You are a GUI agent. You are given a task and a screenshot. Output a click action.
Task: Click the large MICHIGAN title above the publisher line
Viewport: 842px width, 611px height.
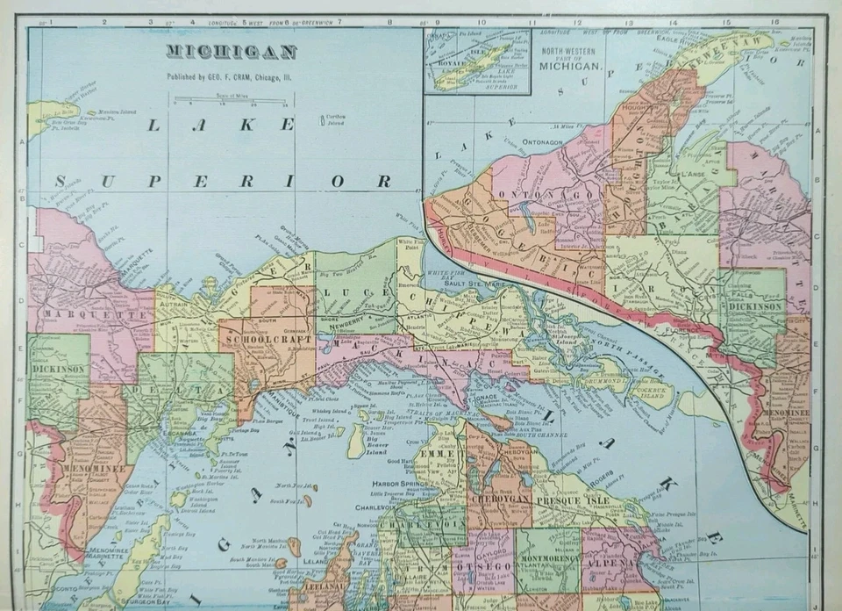pyautogui.click(x=232, y=52)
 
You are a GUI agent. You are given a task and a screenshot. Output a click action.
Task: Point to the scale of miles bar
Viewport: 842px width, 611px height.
pyautogui.click(x=232, y=98)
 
